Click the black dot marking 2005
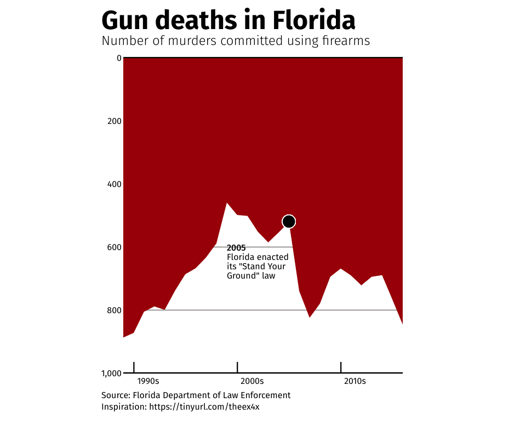point(289,221)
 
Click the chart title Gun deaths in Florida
point(228,20)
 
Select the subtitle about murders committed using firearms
point(236,41)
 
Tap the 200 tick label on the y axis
point(113,121)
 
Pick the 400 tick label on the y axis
point(113,184)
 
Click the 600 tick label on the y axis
point(113,247)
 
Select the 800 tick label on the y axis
point(113,310)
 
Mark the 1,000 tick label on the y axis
point(111,373)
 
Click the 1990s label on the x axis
point(148,381)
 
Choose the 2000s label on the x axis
point(252,381)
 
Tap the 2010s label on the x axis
point(355,381)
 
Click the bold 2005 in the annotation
point(236,248)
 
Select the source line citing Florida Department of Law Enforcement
point(196,395)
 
